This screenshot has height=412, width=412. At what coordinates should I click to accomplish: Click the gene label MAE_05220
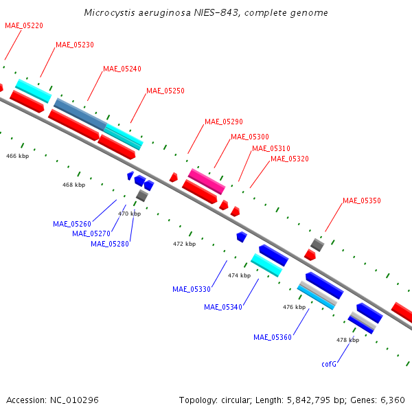(x=24, y=26)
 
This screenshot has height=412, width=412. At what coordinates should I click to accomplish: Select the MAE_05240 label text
(x=122, y=69)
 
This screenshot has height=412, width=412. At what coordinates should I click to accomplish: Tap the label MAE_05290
(x=224, y=122)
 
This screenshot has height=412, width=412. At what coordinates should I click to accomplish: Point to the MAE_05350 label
(x=362, y=201)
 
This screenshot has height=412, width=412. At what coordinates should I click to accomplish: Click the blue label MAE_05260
(x=72, y=224)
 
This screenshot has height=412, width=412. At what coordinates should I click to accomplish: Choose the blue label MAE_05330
(x=192, y=289)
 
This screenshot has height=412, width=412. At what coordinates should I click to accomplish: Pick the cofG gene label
(x=329, y=364)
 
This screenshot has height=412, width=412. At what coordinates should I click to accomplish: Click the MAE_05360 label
(x=273, y=337)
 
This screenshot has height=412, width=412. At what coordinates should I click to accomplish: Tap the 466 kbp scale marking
(x=18, y=156)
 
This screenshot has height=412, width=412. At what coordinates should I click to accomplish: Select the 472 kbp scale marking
(x=185, y=244)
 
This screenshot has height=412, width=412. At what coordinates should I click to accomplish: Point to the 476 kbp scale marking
(x=295, y=307)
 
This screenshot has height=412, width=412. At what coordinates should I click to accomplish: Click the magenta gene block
(x=207, y=181)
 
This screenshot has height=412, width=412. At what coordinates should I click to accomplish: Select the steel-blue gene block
(x=80, y=114)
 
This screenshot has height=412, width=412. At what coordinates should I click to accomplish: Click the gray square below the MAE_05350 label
(x=317, y=245)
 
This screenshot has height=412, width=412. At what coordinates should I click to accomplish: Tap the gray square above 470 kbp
(x=142, y=196)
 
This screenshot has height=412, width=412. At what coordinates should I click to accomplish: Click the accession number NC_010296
(x=74, y=400)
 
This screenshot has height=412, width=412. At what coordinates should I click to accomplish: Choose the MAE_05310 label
(x=271, y=148)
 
